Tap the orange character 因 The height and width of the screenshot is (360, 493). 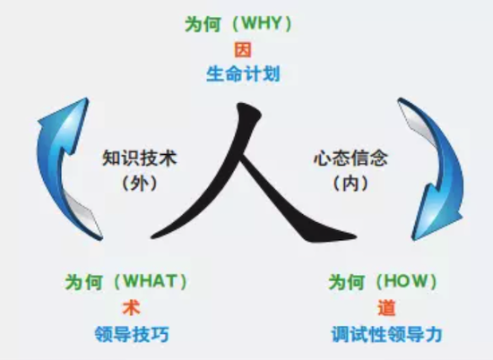pos(243,50)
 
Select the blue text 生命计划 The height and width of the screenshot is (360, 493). pos(243,74)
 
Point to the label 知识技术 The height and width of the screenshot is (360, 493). pos(140,158)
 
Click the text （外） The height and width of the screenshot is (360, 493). pos(139,184)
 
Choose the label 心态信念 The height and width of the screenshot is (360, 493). pos(350,158)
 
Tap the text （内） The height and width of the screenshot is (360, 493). pos(350,184)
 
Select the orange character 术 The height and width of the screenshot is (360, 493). pos(131,307)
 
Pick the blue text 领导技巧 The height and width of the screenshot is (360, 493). pos(132,334)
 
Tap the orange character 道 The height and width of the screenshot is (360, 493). pos(386,307)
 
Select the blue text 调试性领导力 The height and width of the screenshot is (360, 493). pos(386,334)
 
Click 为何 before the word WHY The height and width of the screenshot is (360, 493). pos(203,23)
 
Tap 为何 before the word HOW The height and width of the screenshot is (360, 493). pos(347,282)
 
